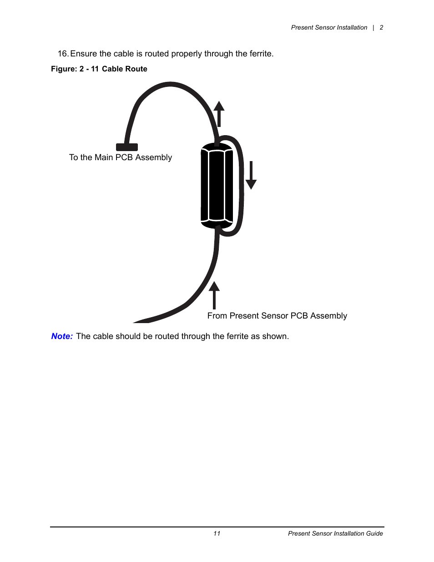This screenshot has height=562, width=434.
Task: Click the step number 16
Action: pos(63,54)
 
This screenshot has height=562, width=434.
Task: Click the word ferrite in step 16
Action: pos(260,54)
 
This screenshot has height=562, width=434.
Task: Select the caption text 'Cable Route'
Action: pos(124,69)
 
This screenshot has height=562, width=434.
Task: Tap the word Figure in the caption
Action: pos(63,69)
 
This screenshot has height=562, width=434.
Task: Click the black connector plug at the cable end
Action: pos(127,147)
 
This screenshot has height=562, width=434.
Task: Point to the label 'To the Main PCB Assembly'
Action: pos(121,157)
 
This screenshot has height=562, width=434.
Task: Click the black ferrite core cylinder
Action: pos(217,186)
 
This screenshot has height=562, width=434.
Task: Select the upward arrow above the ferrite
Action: pos(219,113)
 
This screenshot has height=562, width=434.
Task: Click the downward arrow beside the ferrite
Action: pos(251,175)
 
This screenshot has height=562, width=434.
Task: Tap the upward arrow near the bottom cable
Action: pos(214,295)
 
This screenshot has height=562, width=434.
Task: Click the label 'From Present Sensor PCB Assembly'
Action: pos(277,316)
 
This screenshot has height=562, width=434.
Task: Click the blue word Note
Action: pos(61,336)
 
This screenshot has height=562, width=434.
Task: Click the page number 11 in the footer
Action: pos(217,533)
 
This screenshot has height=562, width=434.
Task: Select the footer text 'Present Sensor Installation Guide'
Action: pos(335,533)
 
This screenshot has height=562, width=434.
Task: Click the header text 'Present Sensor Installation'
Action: pos(329,28)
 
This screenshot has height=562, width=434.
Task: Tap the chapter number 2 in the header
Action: pos(382,28)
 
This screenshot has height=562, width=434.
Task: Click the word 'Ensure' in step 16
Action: pos(84,54)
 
